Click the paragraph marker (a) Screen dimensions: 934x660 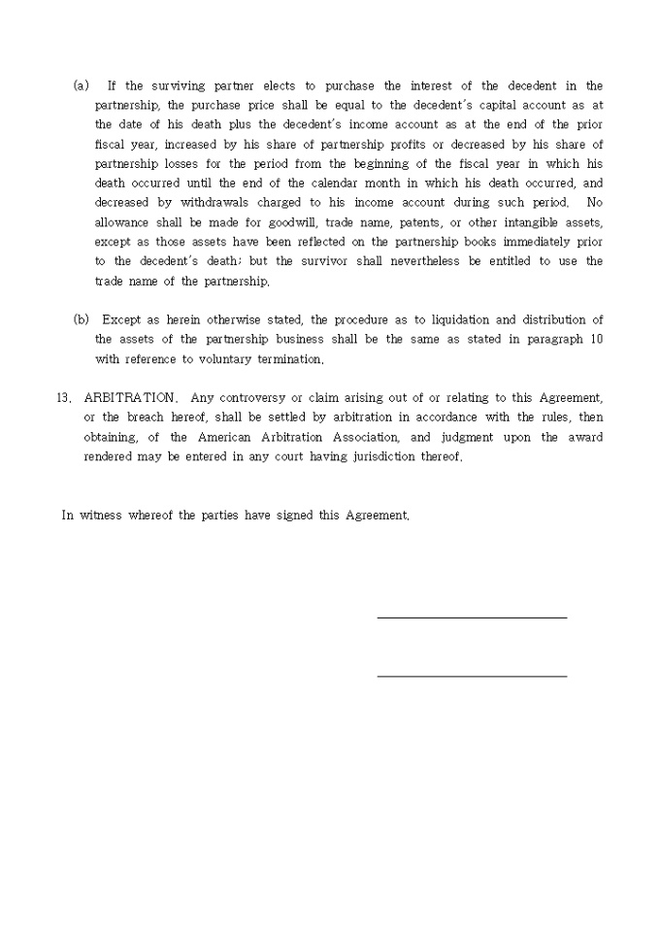coord(82,86)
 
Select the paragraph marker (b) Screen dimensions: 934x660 coord(82,319)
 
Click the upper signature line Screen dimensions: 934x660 coord(471,617)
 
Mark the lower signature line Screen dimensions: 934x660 coord(471,676)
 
